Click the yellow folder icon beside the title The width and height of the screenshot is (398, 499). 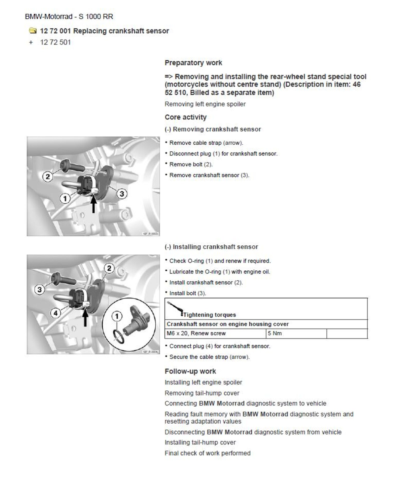(x=32, y=31)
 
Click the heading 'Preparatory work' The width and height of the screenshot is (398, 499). (x=193, y=63)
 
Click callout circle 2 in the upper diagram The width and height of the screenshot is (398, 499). (x=48, y=177)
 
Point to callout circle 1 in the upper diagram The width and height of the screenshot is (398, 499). (x=65, y=199)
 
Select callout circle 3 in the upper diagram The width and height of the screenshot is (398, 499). (x=122, y=193)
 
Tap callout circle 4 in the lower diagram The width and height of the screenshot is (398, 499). (x=56, y=313)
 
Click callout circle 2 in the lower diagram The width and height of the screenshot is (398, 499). (x=109, y=268)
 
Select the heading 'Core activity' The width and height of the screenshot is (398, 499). (x=185, y=117)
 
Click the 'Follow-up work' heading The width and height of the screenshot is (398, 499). (x=190, y=371)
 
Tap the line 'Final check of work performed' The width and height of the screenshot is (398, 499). (x=207, y=453)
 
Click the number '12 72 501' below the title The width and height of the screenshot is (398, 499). (x=55, y=42)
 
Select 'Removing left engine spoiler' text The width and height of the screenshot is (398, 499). (x=205, y=104)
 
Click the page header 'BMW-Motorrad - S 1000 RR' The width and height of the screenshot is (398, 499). (x=69, y=17)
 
